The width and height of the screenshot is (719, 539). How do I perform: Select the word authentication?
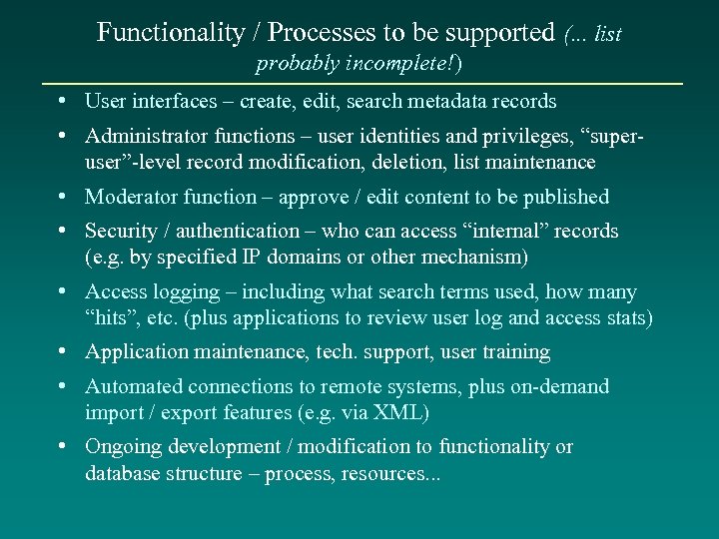click(x=238, y=231)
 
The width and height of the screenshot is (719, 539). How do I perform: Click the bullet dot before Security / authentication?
click(x=62, y=230)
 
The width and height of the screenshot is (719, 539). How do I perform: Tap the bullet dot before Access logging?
click(x=62, y=291)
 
